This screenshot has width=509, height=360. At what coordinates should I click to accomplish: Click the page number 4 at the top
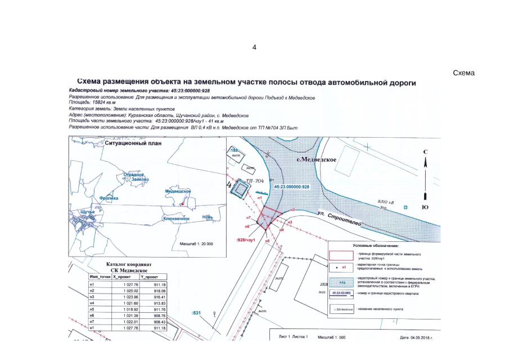point(254,47)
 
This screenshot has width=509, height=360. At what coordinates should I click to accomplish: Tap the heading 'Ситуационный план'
point(133,143)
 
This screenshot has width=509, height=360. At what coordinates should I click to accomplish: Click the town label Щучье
point(88,211)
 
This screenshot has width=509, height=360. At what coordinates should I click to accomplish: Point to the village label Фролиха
point(108,198)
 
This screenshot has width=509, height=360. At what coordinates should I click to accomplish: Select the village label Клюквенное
point(175,218)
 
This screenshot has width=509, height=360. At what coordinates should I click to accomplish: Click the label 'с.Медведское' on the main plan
point(317,160)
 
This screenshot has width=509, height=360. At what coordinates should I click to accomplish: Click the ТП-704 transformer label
point(255,181)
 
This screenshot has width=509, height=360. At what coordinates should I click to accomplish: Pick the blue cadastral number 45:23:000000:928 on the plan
point(292,186)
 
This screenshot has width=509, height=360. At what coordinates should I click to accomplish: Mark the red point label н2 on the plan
point(292,210)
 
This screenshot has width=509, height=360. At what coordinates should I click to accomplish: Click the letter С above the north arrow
point(426,152)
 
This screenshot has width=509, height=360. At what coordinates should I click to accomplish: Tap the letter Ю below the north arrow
point(426,208)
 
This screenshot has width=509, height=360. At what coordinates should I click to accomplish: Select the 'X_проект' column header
point(122,277)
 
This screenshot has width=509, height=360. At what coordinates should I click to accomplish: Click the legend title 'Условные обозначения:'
point(376,246)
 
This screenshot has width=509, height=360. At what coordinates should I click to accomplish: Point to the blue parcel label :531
point(196,313)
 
